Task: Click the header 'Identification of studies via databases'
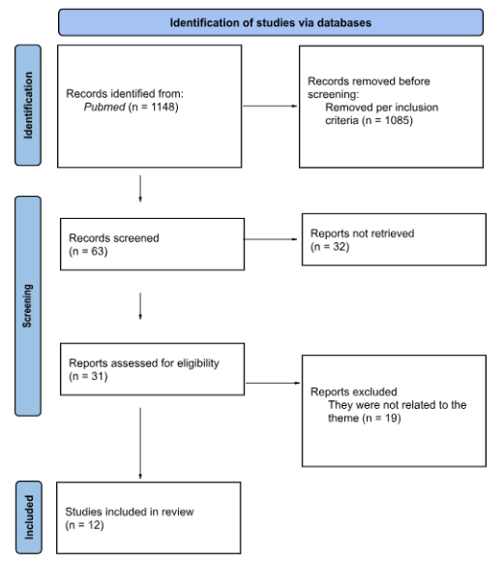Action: [270, 22]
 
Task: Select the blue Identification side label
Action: [27, 105]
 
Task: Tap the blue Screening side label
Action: [27, 305]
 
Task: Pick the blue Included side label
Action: [27, 518]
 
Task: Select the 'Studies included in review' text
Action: [124, 513]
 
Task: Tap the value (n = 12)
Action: [87, 525]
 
